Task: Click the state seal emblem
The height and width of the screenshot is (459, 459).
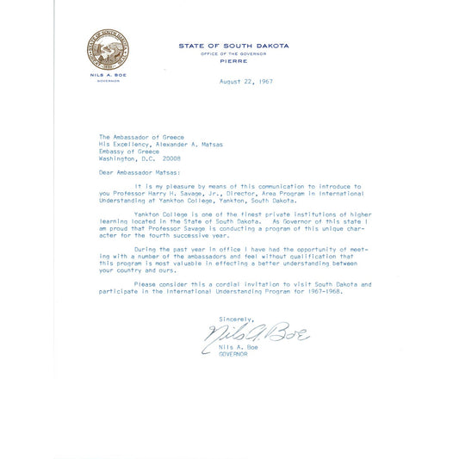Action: pos(109,51)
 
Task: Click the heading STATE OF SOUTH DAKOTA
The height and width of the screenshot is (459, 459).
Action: pos(233,46)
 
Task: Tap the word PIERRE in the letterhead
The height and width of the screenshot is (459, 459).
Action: pos(233,61)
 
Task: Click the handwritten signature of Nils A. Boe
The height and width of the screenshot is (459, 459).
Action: pos(255,332)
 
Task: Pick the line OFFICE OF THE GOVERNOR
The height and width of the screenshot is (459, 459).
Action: pos(233,53)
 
